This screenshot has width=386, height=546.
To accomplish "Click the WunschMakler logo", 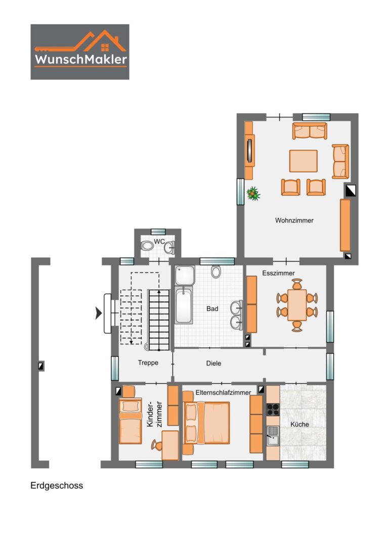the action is [80, 52].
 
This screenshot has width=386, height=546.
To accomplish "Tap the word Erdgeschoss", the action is [57, 486].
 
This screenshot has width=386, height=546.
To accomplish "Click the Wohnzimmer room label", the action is [294, 220].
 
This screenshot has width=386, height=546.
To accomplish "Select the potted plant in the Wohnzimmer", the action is [253, 194].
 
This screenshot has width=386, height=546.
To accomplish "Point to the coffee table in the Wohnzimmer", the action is [304, 161].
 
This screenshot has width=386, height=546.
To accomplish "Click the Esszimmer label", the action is [278, 274].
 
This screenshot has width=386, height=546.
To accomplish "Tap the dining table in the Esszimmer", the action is [297, 305].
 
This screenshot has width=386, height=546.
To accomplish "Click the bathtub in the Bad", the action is [184, 305].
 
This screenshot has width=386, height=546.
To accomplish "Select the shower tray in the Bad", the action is [185, 276].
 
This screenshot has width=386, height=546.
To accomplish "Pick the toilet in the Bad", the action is [216, 271].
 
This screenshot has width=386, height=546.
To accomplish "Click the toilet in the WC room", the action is [147, 246].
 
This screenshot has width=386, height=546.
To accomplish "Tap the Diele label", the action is [213, 363].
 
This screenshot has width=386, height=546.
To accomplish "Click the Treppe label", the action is [148, 363].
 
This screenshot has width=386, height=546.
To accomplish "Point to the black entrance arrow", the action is [99, 313].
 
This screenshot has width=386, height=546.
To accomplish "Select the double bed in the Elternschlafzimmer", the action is [206, 423].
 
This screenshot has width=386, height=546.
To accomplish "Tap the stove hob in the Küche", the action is [273, 409].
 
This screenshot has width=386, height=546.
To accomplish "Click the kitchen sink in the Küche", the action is [273, 436].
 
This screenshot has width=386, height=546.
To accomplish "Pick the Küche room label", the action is [299, 425].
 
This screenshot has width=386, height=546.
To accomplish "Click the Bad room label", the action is [212, 309].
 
